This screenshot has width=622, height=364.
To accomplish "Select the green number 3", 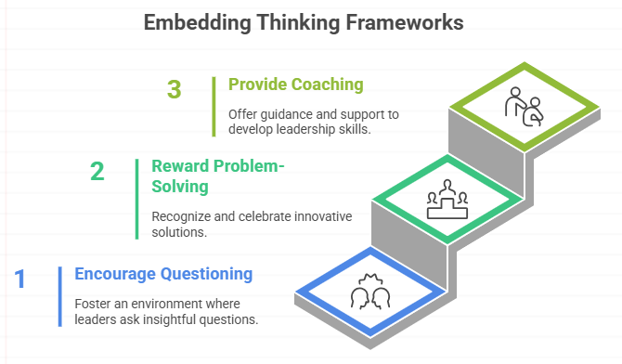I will click(174, 89).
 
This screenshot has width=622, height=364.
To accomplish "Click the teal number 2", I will click(97, 172).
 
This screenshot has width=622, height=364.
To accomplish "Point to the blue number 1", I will click(19, 279).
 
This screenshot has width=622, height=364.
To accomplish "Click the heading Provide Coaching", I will click(295, 84).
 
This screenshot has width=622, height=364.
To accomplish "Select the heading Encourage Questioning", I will click(163, 274).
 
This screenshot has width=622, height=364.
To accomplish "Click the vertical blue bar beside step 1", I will click(59, 295).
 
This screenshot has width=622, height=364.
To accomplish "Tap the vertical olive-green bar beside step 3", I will click(214, 104).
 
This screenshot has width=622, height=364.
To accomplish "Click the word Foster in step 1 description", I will click(93, 305).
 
